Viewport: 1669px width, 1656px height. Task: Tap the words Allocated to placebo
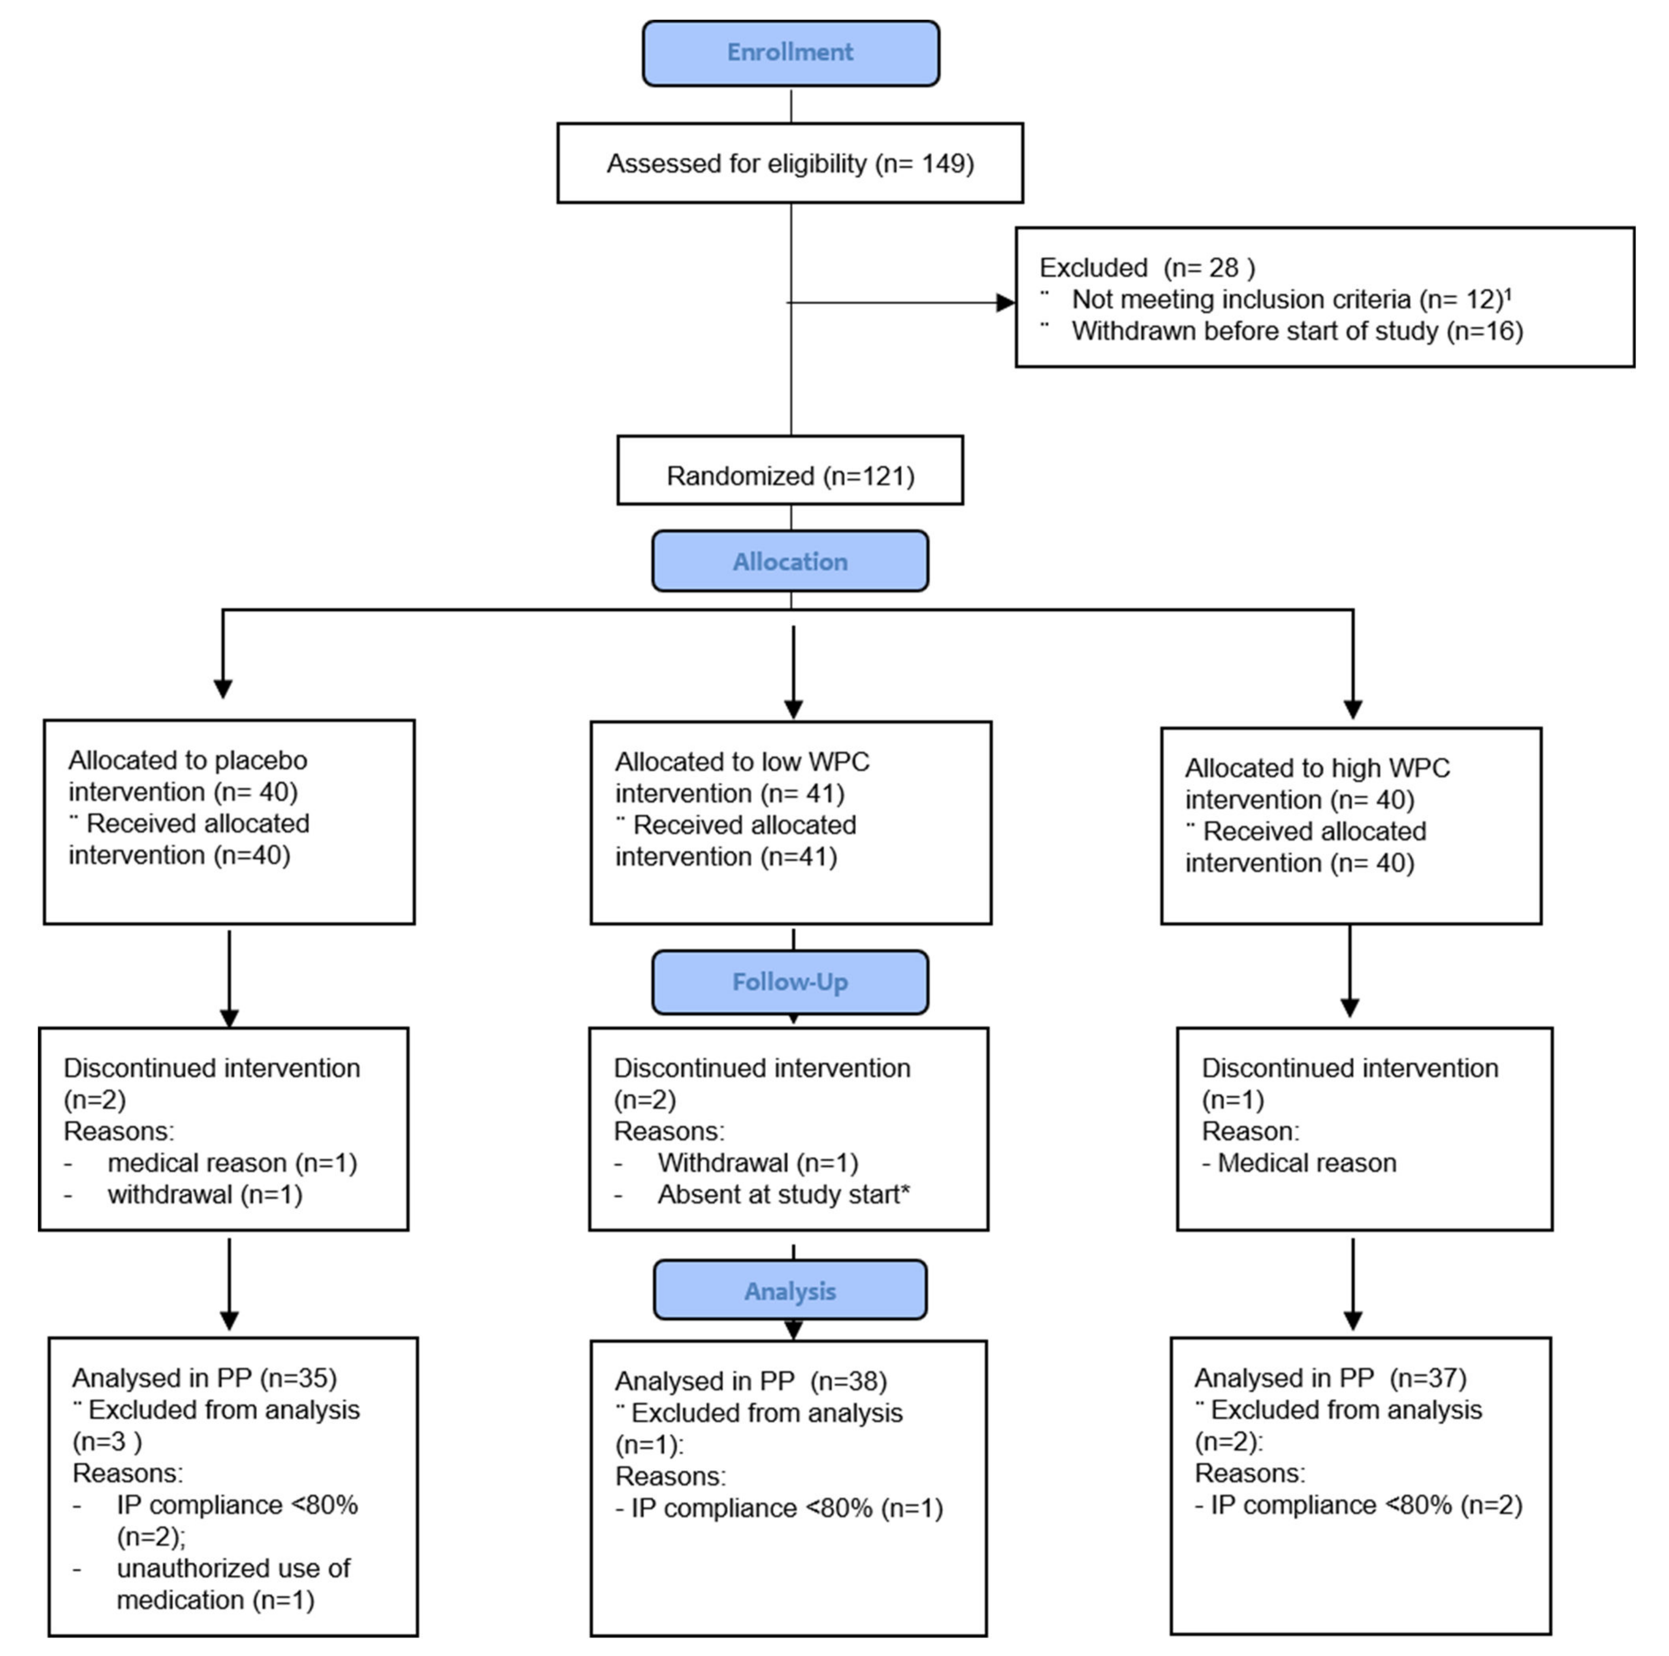(187, 760)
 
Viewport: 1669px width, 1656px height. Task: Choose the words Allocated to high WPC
(1317, 768)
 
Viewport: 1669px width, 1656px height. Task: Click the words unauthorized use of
(233, 1568)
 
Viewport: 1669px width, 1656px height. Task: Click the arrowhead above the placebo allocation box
(223, 689)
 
